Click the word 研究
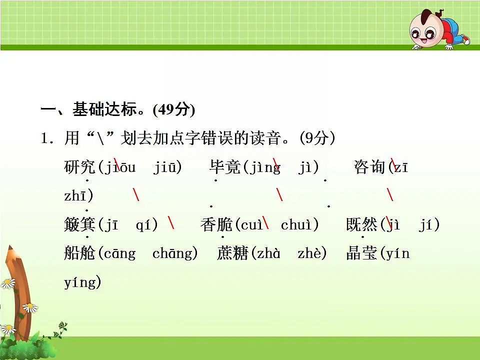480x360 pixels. (x=79, y=167)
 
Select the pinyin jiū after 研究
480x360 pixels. (x=167, y=167)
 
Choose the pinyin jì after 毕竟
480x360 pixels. (x=305, y=167)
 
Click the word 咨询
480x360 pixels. (x=369, y=167)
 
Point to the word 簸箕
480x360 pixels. (x=79, y=225)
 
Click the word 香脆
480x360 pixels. (x=216, y=225)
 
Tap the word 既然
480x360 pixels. (x=361, y=225)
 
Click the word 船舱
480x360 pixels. (x=79, y=254)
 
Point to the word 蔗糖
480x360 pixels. (x=232, y=254)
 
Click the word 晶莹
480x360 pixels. (x=361, y=254)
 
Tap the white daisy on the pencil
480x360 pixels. (x=30, y=307)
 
